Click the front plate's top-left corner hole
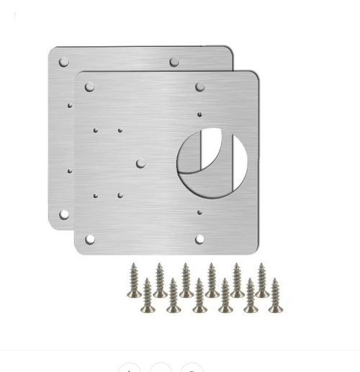click(x=89, y=87)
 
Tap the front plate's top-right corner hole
click(x=199, y=87)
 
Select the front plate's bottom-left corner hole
click(x=89, y=239)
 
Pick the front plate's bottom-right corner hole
click(x=199, y=239)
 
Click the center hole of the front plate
click(x=140, y=164)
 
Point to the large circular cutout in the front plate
click(x=212, y=162)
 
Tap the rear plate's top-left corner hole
click(x=63, y=63)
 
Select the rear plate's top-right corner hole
click(x=174, y=63)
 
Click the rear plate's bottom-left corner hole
click(x=63, y=214)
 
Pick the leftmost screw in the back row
click(x=134, y=280)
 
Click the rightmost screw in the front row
click(x=275, y=296)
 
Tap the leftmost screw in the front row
click(x=147, y=296)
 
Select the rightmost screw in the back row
click(x=262, y=280)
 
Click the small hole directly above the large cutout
click(x=199, y=114)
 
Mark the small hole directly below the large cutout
click(x=199, y=212)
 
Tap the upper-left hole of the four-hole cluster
click(x=95, y=131)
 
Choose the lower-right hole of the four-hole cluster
click(x=120, y=195)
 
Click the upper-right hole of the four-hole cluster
click(x=120, y=131)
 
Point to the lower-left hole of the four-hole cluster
click(x=95, y=195)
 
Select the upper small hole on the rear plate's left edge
click(x=70, y=106)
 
